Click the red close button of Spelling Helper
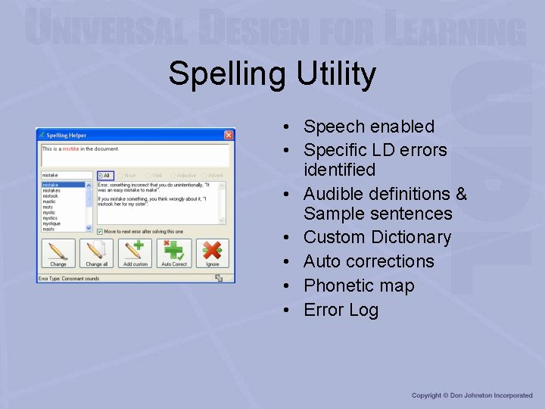[229, 136]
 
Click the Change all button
[96, 254]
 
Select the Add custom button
[135, 254]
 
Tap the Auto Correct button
[174, 254]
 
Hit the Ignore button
[213, 254]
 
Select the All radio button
[104, 176]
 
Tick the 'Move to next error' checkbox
[100, 230]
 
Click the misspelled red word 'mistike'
[70, 149]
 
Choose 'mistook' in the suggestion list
[50, 195]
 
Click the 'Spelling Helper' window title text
[67, 136]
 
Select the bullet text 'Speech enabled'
[369, 126]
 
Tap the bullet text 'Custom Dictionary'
[377, 237]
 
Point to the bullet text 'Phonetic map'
[359, 286]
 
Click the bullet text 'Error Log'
[341, 310]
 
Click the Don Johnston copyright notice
[472, 395]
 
